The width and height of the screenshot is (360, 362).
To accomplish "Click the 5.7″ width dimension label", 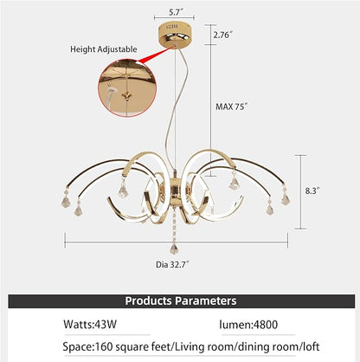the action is (177, 12).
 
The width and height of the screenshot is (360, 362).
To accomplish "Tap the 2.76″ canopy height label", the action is (222, 35).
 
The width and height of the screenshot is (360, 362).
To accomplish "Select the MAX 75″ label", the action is (232, 107).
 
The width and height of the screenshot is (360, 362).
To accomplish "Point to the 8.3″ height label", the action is (312, 191).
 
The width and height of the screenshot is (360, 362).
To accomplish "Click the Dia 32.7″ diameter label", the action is (172, 264).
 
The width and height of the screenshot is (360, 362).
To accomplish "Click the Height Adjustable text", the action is (104, 49).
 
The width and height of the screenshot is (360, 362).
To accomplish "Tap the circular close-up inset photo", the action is (127, 88).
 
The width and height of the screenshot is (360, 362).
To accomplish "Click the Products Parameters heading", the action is (181, 301).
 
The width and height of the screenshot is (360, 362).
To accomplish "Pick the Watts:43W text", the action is (90, 324).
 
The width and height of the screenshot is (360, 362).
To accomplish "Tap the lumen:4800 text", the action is (248, 325).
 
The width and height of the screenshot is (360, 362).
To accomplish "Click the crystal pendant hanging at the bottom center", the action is (174, 249).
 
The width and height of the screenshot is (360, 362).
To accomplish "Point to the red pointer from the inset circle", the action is (154, 55).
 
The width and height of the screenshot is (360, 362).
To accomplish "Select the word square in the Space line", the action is (128, 347).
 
